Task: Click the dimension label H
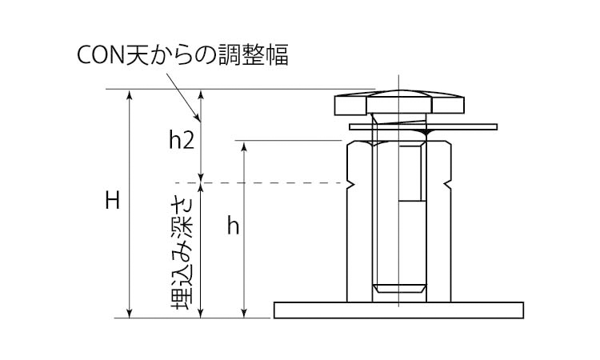[113, 201]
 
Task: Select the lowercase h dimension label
[233, 226]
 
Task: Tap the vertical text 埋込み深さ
[182, 254]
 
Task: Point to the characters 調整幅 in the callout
[253, 54]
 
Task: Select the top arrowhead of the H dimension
[130, 94]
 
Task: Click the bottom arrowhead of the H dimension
[130, 313]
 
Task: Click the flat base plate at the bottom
[398, 310]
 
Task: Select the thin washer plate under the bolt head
[423, 126]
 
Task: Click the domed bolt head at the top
[399, 102]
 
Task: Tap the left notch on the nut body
[350, 184]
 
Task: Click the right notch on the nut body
[448, 184]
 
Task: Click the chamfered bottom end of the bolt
[399, 289]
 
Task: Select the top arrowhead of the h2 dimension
[201, 94]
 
